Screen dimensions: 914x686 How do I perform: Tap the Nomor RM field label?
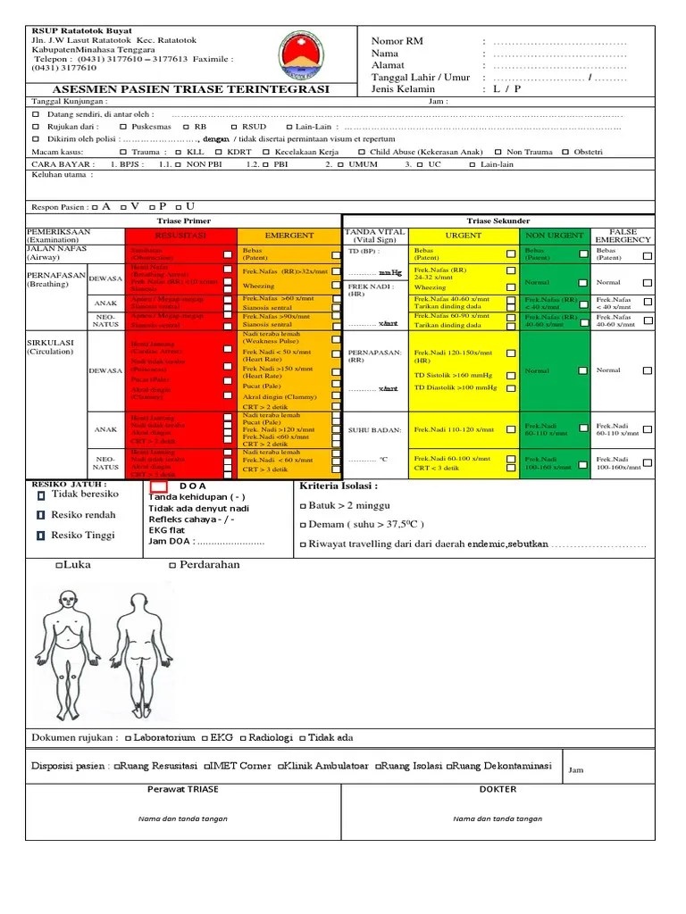tap(397, 42)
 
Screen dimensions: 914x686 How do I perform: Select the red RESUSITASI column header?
tap(181, 236)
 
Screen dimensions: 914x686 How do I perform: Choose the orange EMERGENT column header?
tap(289, 236)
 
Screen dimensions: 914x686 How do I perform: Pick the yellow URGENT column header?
tap(464, 236)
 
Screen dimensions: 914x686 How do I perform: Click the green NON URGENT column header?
tap(554, 236)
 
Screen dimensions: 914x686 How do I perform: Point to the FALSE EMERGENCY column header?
tap(623, 236)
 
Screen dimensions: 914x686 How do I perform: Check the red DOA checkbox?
tap(159, 486)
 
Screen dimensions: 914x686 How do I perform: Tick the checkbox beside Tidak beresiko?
tap(41, 496)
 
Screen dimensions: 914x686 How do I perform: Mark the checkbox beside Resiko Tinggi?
tap(41, 536)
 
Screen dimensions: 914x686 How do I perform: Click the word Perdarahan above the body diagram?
tap(212, 565)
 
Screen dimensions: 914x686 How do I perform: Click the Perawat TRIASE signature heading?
tap(183, 790)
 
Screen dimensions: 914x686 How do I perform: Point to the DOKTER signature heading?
tap(498, 790)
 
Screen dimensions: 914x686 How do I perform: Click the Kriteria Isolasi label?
tap(339, 486)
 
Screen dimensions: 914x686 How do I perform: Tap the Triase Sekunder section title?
tap(498, 220)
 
